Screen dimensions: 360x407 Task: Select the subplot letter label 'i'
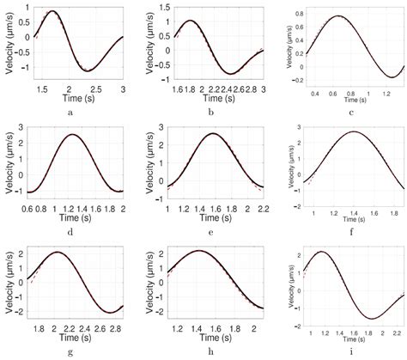coord(349,350)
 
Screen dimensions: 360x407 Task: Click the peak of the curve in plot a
coord(54,12)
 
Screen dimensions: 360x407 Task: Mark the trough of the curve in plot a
coord(89,70)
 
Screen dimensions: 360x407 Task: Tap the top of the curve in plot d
coord(74,134)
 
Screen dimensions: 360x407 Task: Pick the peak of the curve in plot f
coord(353,131)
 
